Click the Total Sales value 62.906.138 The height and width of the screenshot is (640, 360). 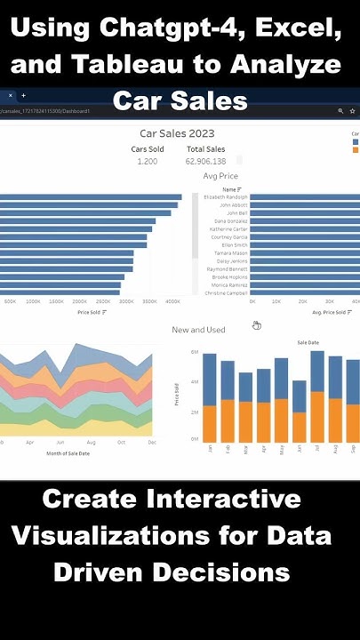pyautogui.click(x=205, y=161)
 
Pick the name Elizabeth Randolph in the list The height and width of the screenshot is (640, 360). pyautogui.click(x=226, y=196)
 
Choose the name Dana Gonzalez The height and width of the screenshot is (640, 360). pyautogui.click(x=231, y=220)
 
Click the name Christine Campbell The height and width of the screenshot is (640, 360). pyautogui.click(x=227, y=292)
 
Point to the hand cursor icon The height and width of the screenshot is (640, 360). pyautogui.click(x=256, y=325)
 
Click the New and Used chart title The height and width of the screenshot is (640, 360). pyautogui.click(x=198, y=330)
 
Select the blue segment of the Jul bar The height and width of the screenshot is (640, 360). pyautogui.click(x=317, y=371)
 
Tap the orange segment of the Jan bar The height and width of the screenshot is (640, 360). pyautogui.click(x=210, y=424)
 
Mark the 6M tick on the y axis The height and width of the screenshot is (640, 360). pyautogui.click(x=194, y=353)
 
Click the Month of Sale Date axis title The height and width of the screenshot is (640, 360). pyautogui.click(x=68, y=453)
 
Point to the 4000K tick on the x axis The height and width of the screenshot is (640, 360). pyautogui.click(x=172, y=302)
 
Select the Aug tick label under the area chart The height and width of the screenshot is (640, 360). pyautogui.click(x=92, y=442)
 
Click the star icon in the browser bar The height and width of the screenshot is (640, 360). pyautogui.click(x=353, y=111)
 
